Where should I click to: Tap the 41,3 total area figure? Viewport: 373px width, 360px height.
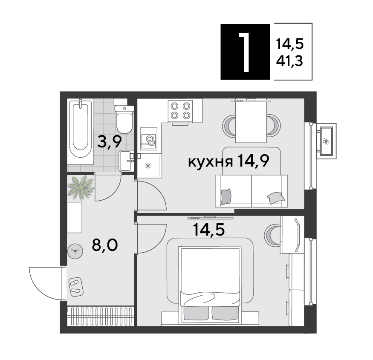tap(289, 61)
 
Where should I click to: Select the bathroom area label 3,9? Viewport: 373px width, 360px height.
tap(110, 141)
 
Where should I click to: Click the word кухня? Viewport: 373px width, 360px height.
tap(210, 162)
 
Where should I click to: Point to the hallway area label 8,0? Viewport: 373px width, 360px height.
tap(105, 245)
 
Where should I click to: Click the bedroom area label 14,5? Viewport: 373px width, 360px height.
tap(209, 230)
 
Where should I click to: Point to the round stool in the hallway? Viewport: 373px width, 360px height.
tap(75, 251)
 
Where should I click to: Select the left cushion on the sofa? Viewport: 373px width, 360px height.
tap(226, 196)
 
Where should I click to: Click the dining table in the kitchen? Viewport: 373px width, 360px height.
tap(251, 122)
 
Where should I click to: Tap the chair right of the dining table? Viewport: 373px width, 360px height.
tap(273, 126)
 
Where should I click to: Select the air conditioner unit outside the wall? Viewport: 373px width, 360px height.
tap(326, 141)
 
